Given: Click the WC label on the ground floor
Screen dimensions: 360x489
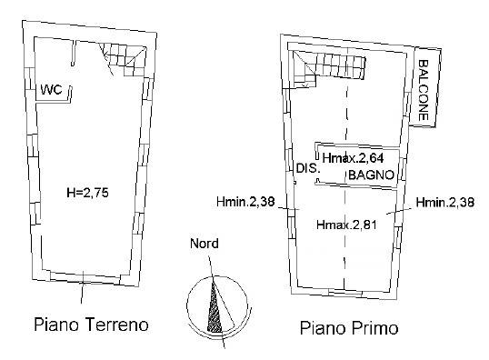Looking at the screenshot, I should [50, 89].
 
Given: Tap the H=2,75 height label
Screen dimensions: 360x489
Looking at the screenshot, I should [87, 193].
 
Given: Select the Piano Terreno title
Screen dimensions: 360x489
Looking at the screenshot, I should [90, 325].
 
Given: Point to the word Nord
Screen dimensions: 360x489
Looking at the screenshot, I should [204, 244].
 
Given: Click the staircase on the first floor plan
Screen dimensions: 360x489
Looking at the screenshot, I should [332, 67].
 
